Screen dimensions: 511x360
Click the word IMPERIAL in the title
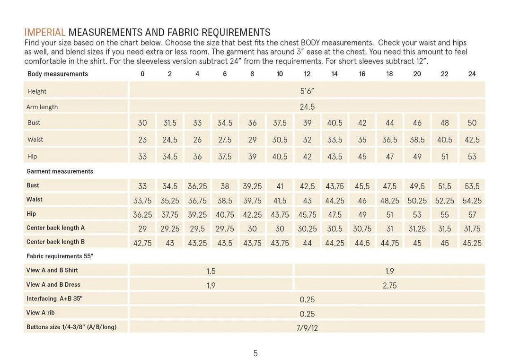(x=45, y=33)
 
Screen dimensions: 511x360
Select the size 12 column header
(x=307, y=74)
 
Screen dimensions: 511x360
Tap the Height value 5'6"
(x=307, y=91)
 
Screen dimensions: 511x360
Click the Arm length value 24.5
(x=307, y=107)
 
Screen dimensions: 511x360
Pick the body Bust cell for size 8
(x=252, y=123)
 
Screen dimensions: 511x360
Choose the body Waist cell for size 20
(x=417, y=140)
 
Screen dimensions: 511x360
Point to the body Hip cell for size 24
(x=472, y=157)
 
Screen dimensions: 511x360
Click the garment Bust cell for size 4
(x=197, y=186)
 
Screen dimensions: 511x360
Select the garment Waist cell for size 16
(x=362, y=201)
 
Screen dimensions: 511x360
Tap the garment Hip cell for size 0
(x=142, y=215)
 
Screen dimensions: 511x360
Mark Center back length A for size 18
(x=389, y=228)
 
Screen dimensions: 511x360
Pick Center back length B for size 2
(x=170, y=243)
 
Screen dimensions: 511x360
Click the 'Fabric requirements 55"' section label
(x=60, y=256)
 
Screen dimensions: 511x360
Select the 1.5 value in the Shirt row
(x=211, y=271)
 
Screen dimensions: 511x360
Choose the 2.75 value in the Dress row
(x=389, y=285)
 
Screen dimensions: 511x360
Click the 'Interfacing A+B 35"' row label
(x=54, y=299)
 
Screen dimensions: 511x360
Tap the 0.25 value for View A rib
(x=307, y=314)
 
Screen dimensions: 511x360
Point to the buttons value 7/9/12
(x=307, y=328)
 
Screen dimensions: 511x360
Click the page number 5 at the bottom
(x=255, y=353)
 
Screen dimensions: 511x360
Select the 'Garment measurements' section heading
(x=60, y=171)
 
